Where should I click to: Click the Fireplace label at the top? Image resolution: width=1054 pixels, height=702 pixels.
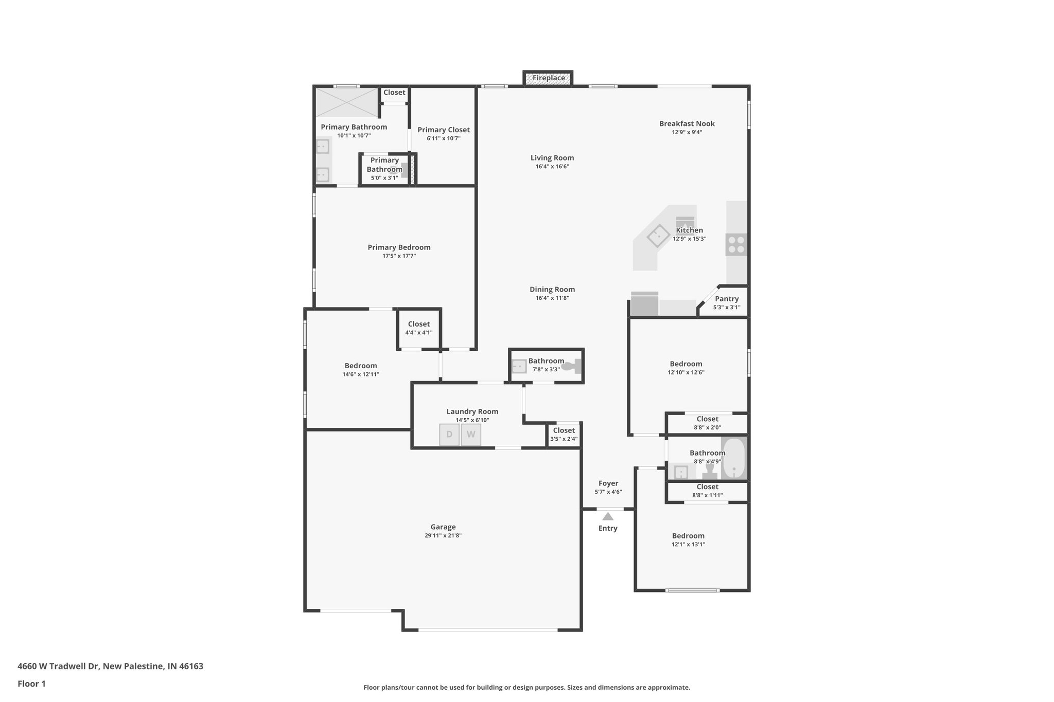click(x=548, y=78)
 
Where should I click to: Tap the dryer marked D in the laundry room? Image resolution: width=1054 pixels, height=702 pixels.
click(x=449, y=435)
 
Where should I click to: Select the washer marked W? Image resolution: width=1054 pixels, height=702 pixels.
click(x=471, y=435)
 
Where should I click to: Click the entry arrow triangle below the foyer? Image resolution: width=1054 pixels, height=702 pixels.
click(x=608, y=516)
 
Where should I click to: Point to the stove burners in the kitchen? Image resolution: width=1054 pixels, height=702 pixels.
click(x=736, y=244)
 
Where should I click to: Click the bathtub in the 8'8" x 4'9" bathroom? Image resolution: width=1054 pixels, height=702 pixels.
click(x=733, y=458)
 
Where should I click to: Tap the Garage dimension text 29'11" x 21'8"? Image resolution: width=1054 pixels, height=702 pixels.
click(x=443, y=535)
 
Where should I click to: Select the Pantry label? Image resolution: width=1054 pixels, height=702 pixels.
click(x=727, y=299)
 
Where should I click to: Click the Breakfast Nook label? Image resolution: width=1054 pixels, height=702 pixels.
click(x=687, y=123)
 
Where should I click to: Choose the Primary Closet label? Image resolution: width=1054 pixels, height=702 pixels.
click(x=443, y=130)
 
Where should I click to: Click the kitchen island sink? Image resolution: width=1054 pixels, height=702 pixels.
click(x=658, y=237)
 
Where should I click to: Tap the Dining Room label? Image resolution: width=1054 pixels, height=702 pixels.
click(x=552, y=290)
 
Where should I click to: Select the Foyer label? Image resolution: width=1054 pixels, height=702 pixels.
click(x=608, y=483)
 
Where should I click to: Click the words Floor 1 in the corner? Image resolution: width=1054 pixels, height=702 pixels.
click(x=31, y=683)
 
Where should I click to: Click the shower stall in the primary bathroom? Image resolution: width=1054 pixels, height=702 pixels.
click(x=346, y=102)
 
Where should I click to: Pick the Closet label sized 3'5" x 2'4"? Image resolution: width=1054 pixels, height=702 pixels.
click(x=564, y=430)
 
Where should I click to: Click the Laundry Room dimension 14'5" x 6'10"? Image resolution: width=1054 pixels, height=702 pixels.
click(x=472, y=420)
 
